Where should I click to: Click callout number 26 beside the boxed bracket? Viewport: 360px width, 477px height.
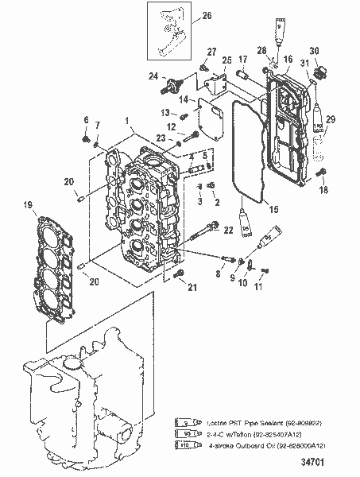[207, 15]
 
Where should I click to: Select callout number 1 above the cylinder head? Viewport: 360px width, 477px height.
[127, 120]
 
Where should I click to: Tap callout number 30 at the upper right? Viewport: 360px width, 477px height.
[315, 50]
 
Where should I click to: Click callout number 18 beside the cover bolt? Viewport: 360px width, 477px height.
[323, 191]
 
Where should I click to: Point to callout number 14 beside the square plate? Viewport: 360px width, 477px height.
[182, 100]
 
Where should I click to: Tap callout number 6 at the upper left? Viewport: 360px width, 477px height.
[85, 119]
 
